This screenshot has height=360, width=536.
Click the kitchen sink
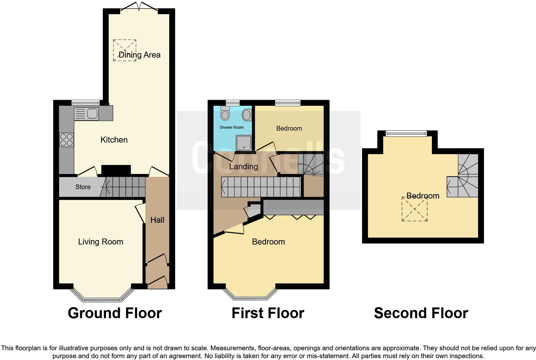pyautogui.click(x=87, y=114)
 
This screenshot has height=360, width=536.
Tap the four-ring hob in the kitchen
pyautogui.click(x=66, y=140)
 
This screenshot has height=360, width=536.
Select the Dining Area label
pyautogui.click(x=139, y=55)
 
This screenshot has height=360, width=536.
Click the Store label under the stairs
pyautogui.click(x=83, y=187)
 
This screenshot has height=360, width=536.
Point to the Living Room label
pyautogui.click(x=101, y=242)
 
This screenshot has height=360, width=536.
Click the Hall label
pyautogui.click(x=157, y=220)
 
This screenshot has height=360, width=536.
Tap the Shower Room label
pyautogui.click(x=232, y=127)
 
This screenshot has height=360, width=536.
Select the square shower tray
pyautogui.click(x=244, y=143)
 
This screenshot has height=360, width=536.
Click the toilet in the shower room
pyautogui.click(x=225, y=114)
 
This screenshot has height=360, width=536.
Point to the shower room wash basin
pyautogui.click(x=247, y=115)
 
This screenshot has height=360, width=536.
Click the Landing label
pyautogui.click(x=243, y=166)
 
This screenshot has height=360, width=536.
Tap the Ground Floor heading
pyautogui.click(x=115, y=313)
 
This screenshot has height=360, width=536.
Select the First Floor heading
pyautogui.click(x=268, y=313)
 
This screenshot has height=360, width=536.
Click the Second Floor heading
pyautogui.click(x=421, y=313)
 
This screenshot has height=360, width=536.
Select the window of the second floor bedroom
pyautogui.click(x=406, y=133)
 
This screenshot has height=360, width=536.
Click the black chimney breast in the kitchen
pyautogui.click(x=116, y=170)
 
